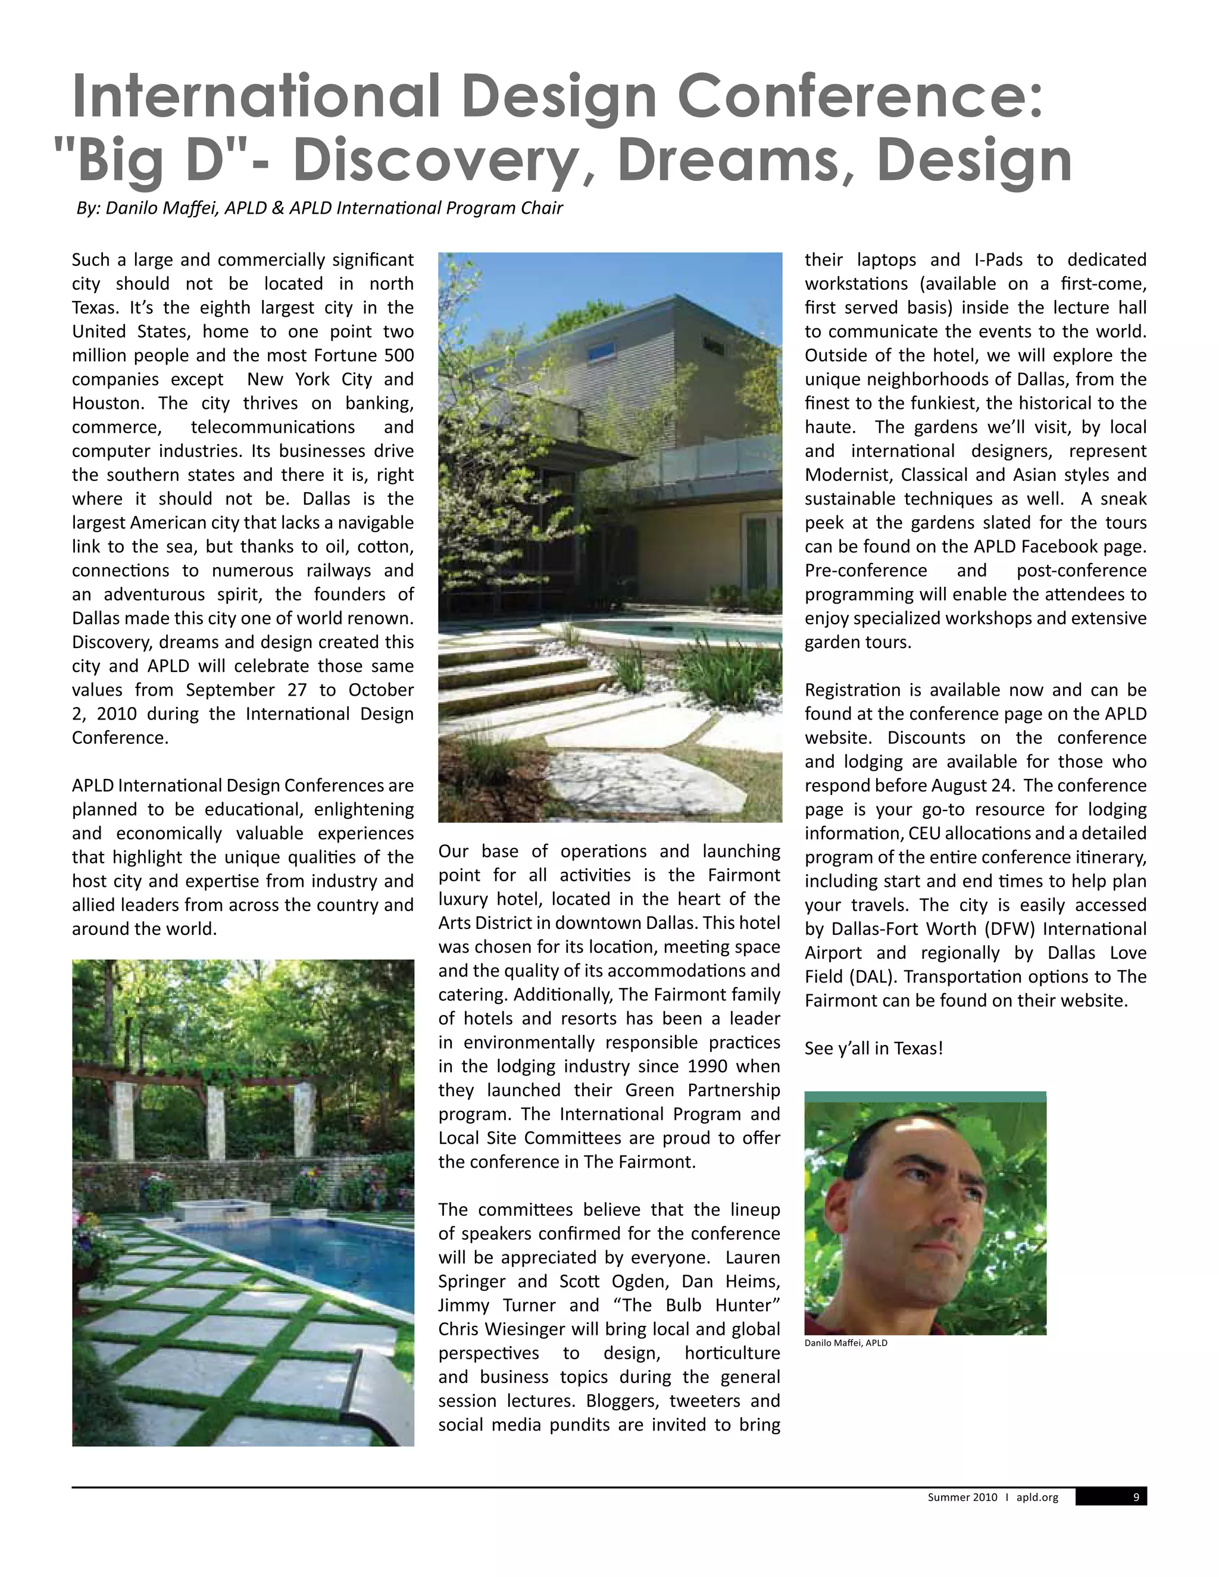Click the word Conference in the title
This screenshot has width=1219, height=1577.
(x=859, y=96)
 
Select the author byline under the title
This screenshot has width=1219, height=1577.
(x=319, y=208)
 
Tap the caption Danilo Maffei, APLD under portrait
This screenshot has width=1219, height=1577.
(x=846, y=1343)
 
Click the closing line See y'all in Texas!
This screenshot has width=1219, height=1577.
(x=874, y=1049)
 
